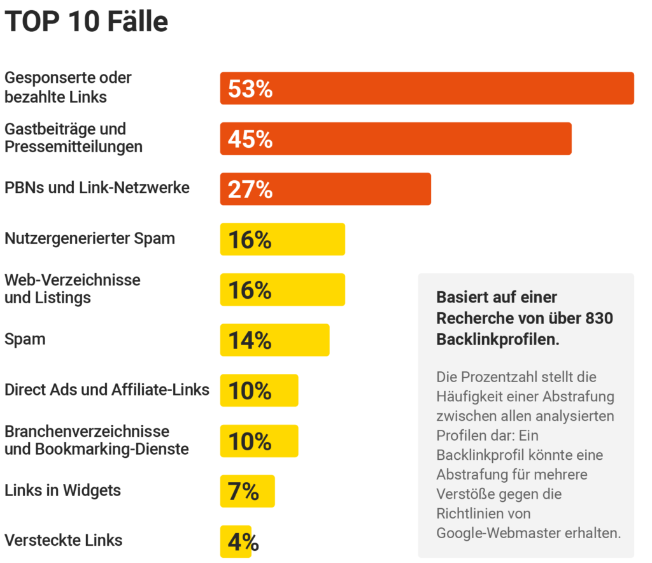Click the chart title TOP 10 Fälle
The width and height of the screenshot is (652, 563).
87,22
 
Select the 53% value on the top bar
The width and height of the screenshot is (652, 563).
250,89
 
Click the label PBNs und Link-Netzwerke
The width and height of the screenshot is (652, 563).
97,188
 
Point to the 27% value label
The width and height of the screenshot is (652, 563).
250,190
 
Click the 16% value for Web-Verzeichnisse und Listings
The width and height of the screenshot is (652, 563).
250,290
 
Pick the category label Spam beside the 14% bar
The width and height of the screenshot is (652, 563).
25,339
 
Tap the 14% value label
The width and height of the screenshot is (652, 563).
250,341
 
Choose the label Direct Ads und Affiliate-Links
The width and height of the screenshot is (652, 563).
107,390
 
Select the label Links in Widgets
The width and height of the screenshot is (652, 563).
62,490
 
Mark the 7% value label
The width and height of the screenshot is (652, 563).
243,492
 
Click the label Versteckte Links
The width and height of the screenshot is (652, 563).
64,540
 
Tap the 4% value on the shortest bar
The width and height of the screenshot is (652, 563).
243,542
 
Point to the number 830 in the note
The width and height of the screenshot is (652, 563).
599,318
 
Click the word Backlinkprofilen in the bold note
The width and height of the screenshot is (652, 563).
498,339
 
